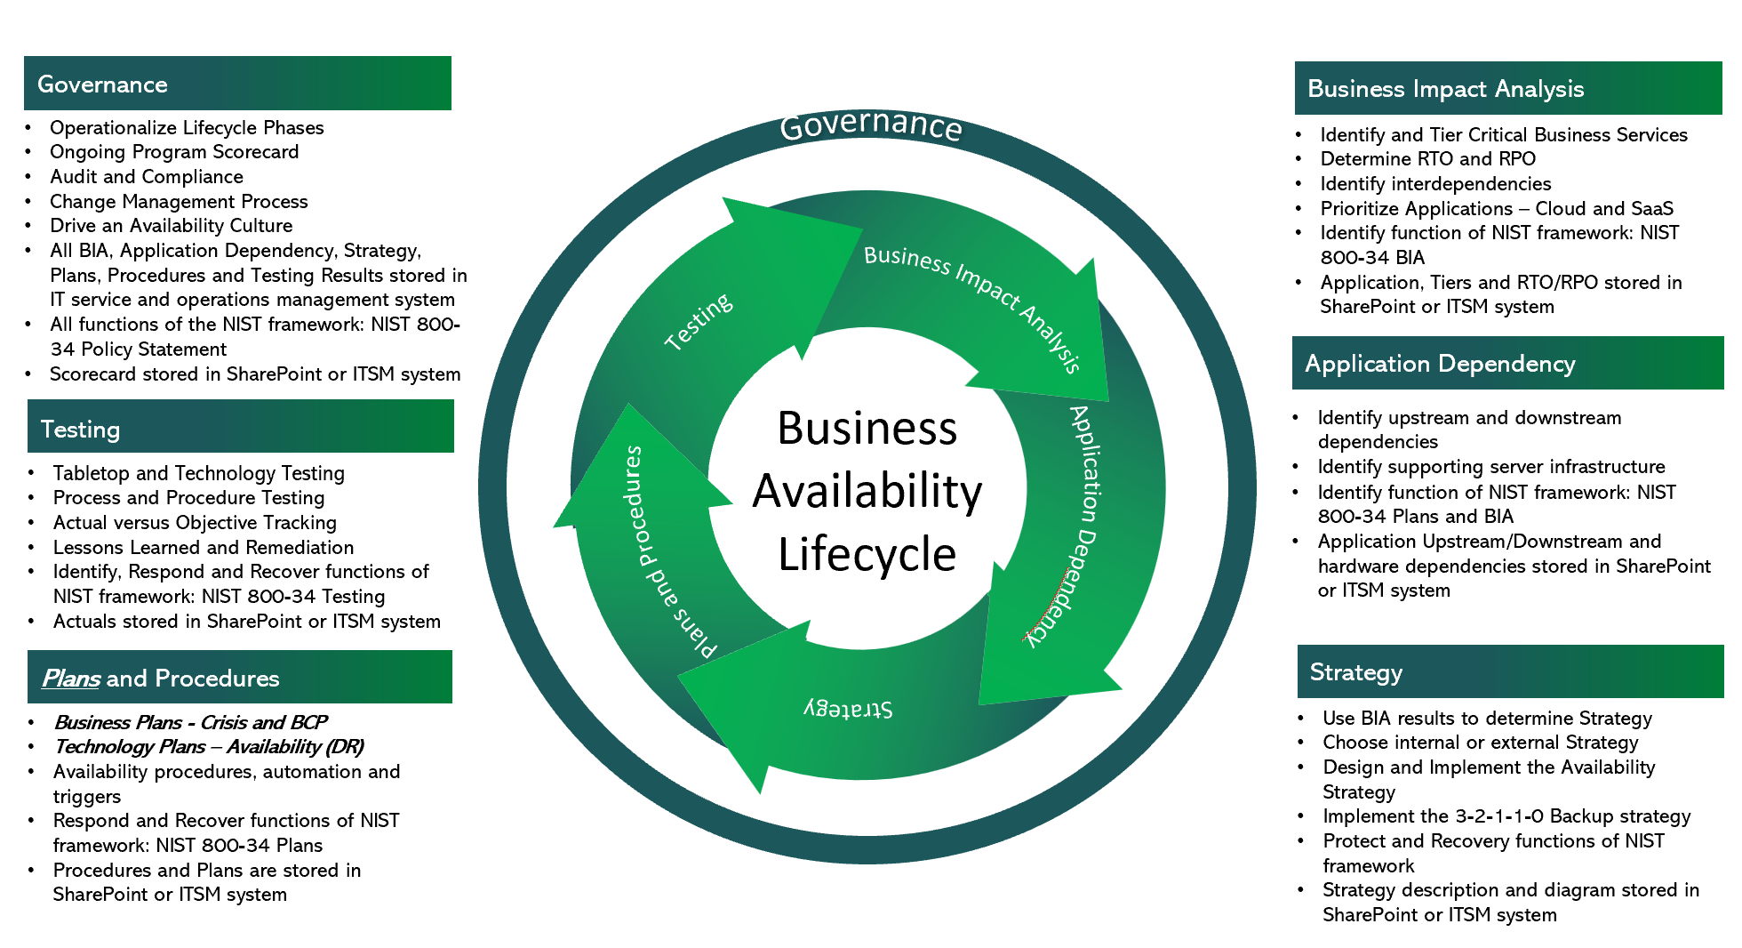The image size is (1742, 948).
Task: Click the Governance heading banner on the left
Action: [x=237, y=84]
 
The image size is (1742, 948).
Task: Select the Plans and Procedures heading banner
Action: [x=239, y=678]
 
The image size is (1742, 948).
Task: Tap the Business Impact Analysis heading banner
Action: [x=1507, y=88]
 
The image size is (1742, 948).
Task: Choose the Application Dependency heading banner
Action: [x=1507, y=363]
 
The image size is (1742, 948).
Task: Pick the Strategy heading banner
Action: [x=1509, y=671]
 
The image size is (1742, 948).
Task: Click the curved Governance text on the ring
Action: [x=870, y=125]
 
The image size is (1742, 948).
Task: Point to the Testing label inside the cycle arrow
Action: [x=699, y=321]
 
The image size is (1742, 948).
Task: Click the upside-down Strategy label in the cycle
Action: [x=848, y=709]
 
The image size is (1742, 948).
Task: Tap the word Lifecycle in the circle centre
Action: [x=867, y=554]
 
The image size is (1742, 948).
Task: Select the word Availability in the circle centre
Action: [x=867, y=491]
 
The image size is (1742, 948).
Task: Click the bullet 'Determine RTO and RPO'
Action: [x=1427, y=159]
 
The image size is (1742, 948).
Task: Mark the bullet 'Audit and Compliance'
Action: [x=146, y=177]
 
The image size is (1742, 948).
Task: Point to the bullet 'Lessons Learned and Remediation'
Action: [x=203, y=548]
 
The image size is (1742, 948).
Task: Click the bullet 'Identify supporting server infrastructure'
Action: [x=1490, y=467]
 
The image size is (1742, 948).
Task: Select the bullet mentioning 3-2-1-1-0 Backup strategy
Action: [x=1506, y=816]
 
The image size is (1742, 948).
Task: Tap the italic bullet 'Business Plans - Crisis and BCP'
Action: [x=190, y=722]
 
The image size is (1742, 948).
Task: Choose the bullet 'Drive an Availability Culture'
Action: [x=171, y=226]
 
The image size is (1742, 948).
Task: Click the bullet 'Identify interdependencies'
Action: [x=1435, y=184]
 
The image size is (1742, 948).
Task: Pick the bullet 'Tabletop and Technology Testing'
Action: [x=198, y=473]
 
